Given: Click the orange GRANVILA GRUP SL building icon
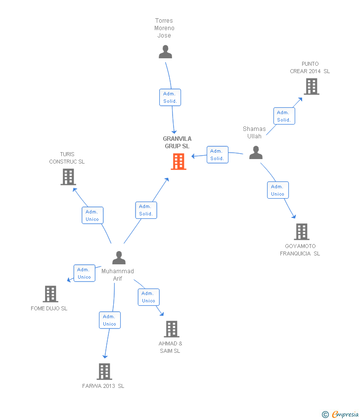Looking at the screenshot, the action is [x=179, y=162].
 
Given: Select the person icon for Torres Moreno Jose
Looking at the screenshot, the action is [x=165, y=52].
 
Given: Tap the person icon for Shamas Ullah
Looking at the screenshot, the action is [x=256, y=152].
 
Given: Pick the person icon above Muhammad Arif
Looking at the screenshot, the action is [x=119, y=257].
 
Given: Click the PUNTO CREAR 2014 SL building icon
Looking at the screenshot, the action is [x=312, y=86].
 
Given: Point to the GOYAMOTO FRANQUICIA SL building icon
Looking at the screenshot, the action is [x=302, y=232].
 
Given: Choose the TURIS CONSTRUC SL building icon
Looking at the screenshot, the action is [x=68, y=177].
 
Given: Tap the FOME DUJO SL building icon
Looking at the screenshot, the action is [x=50, y=294].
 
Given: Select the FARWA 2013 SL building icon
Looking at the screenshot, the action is [x=104, y=372].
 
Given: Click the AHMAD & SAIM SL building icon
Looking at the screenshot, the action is [x=172, y=329].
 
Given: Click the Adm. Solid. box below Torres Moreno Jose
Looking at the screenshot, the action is [x=170, y=97].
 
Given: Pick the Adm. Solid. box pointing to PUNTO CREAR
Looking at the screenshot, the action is [x=284, y=116].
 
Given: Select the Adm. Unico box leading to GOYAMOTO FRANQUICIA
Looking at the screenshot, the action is [x=278, y=190].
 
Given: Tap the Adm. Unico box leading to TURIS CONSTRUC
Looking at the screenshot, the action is [x=92, y=215].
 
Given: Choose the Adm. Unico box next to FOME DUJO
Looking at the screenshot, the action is [x=85, y=273].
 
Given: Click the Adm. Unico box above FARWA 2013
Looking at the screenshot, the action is [x=110, y=320].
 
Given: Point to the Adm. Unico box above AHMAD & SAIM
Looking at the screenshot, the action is [x=149, y=297].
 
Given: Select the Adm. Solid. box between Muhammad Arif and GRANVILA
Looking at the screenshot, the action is [x=146, y=210].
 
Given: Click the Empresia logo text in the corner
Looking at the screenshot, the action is [x=345, y=414].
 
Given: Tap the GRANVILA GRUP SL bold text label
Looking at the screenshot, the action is [x=177, y=142].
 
